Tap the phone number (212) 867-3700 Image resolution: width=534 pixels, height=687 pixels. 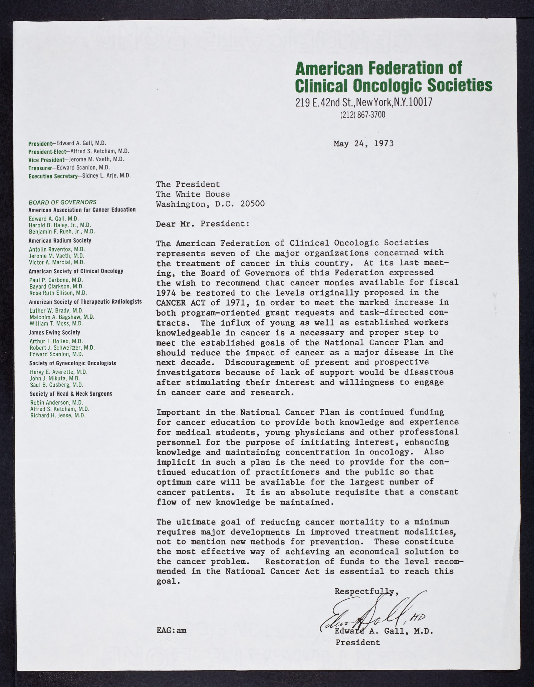[362, 115]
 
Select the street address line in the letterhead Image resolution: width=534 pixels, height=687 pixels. [364, 102]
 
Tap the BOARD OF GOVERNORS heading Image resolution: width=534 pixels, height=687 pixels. [62, 202]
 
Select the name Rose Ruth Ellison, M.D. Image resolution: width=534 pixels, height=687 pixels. [58, 293]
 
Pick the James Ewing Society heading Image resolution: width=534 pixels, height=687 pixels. [54, 332]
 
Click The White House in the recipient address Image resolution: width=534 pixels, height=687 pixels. [193, 194]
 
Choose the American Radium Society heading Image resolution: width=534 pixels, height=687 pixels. [60, 241]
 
